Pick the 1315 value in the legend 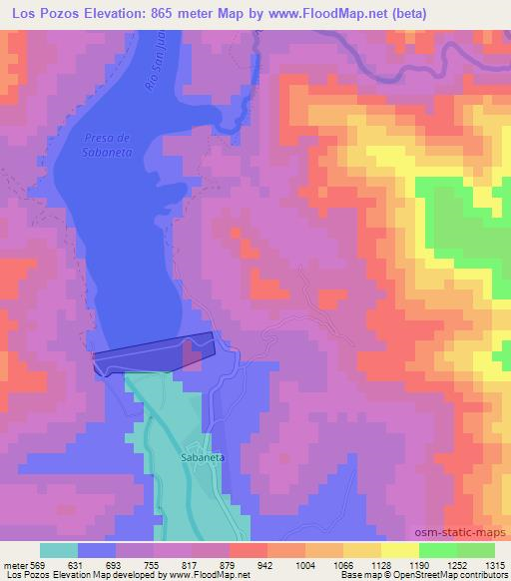[x=495, y=564]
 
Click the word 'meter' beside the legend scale [x=15, y=564]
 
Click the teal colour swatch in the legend [x=59, y=550]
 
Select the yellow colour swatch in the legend [x=399, y=550]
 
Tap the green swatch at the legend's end [x=475, y=550]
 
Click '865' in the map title [x=169, y=14]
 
